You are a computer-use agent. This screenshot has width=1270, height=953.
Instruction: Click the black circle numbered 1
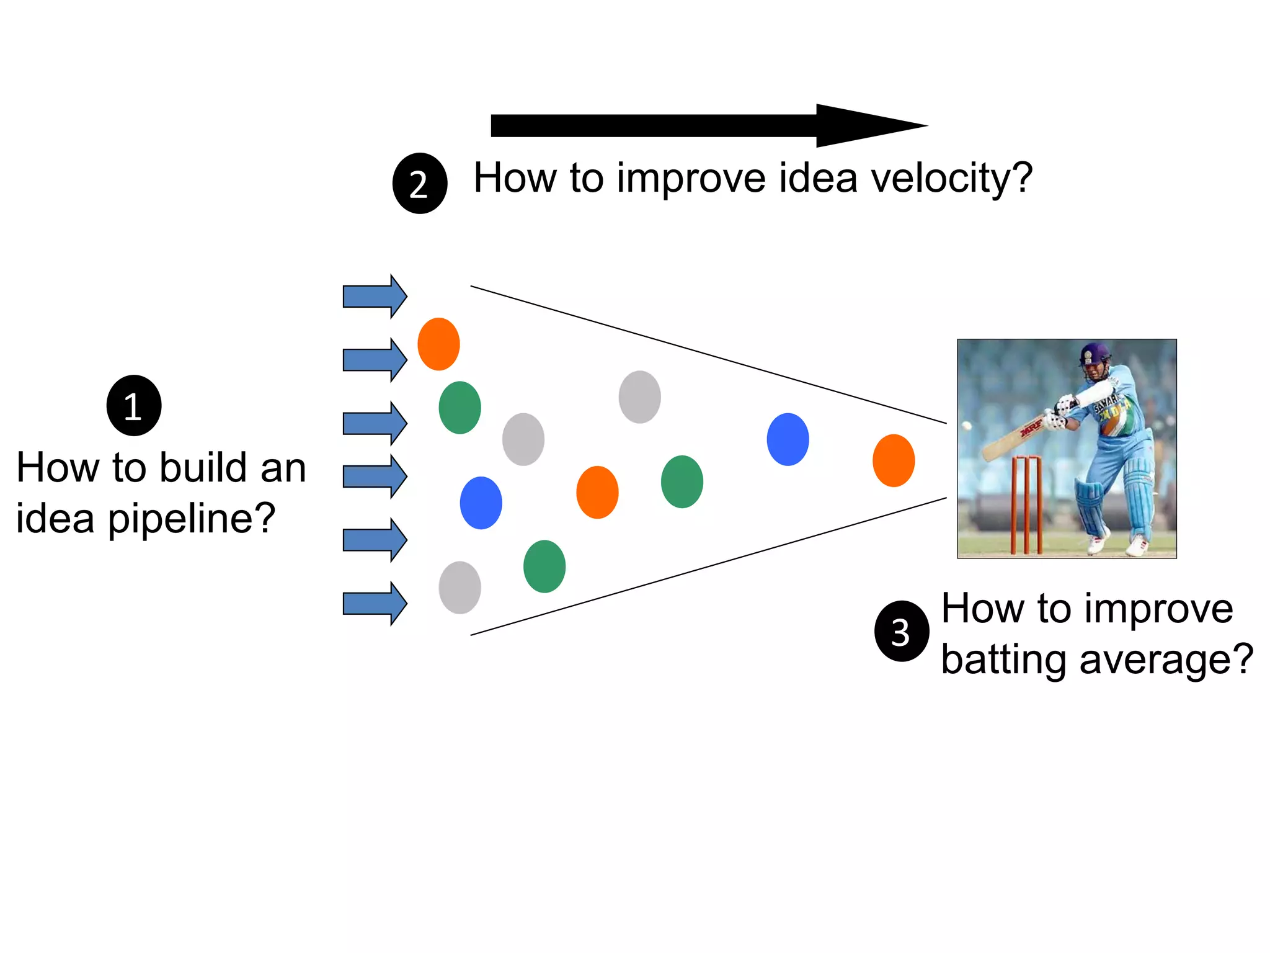click(x=134, y=406)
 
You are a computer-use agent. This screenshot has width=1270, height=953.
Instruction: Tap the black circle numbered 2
click(x=420, y=184)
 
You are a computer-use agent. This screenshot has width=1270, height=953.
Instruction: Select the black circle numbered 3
click(x=902, y=631)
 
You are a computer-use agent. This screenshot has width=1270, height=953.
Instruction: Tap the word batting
click(x=1005, y=659)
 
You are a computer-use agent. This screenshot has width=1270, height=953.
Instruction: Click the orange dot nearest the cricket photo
click(x=894, y=460)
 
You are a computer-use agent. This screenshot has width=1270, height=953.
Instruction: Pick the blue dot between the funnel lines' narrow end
click(x=788, y=439)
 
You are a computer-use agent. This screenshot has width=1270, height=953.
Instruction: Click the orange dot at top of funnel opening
click(x=438, y=344)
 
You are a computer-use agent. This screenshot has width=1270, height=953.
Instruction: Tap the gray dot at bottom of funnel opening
click(x=460, y=588)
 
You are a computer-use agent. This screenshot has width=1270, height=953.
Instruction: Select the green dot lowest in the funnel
click(x=544, y=566)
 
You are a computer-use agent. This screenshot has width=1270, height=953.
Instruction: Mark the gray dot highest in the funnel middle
click(x=639, y=397)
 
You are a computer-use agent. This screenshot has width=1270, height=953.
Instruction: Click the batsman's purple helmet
click(x=1094, y=354)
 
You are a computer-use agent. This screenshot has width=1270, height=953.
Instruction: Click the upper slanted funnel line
click(x=707, y=355)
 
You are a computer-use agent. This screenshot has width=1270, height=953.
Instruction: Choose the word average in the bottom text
click(x=1166, y=659)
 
